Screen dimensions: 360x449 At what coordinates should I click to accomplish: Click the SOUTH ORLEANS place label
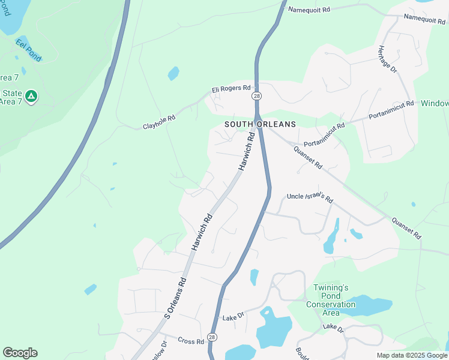tap(260, 124)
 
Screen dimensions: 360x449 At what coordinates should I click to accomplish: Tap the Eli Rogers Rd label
tap(231, 89)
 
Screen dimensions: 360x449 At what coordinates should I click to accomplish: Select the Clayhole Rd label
tap(159, 122)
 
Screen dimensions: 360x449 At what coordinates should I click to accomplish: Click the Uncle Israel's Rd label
tap(310, 197)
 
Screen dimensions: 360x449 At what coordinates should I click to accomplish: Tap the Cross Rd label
tap(191, 341)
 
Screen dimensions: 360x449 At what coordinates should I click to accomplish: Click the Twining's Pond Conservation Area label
tap(331, 300)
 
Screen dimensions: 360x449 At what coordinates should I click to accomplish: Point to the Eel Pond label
tap(28, 49)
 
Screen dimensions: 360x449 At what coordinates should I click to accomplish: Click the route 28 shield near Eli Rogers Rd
tap(256, 97)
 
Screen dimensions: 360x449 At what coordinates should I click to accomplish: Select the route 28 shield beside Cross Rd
tap(212, 337)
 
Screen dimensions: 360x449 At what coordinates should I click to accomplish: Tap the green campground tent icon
tap(31, 95)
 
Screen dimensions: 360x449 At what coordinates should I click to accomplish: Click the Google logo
tap(20, 353)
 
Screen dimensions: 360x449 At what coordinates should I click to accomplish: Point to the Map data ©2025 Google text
tap(412, 355)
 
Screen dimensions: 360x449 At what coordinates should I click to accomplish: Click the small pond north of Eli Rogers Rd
tap(173, 74)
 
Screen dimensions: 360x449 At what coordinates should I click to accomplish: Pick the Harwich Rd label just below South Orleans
tap(247, 151)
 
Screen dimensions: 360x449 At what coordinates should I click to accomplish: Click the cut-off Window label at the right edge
tap(435, 103)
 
